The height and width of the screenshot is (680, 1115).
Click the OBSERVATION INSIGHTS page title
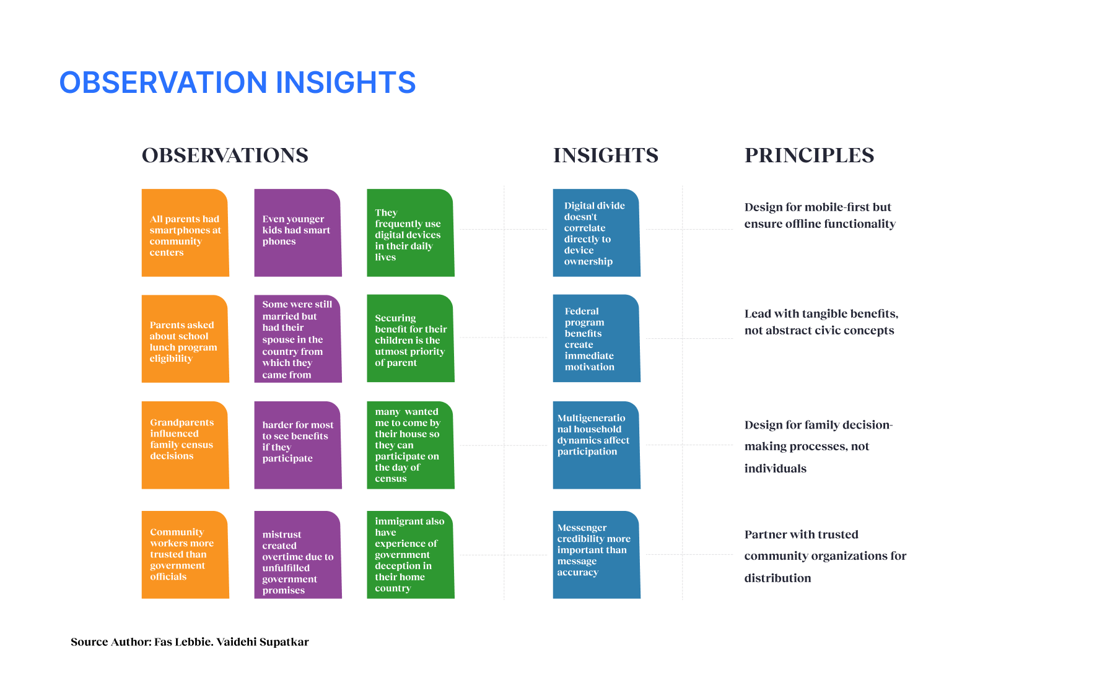[237, 82]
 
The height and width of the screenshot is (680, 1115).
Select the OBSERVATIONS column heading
[225, 155]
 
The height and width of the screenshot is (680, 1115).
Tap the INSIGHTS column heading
[606, 155]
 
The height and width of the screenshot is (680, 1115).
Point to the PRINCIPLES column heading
[809, 155]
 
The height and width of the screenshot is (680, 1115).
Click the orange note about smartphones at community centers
[185, 233]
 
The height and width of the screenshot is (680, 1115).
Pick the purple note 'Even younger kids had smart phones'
[298, 233]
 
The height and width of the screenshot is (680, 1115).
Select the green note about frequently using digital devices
[411, 233]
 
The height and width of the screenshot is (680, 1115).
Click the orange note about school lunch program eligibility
[185, 339]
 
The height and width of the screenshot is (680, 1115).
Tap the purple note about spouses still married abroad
[298, 339]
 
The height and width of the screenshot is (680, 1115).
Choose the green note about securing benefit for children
[411, 339]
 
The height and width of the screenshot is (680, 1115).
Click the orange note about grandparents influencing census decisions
[185, 445]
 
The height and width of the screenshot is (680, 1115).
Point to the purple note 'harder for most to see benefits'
[298, 445]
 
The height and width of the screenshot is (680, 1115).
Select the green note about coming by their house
[411, 445]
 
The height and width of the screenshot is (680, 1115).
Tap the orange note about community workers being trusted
[185, 555]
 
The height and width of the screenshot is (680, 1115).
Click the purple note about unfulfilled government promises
[298, 555]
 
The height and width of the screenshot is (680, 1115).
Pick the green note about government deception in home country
[411, 555]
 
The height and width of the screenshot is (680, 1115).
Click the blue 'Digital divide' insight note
[597, 233]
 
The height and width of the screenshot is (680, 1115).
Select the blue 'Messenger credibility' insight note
[597, 555]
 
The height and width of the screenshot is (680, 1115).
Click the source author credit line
[190, 642]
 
